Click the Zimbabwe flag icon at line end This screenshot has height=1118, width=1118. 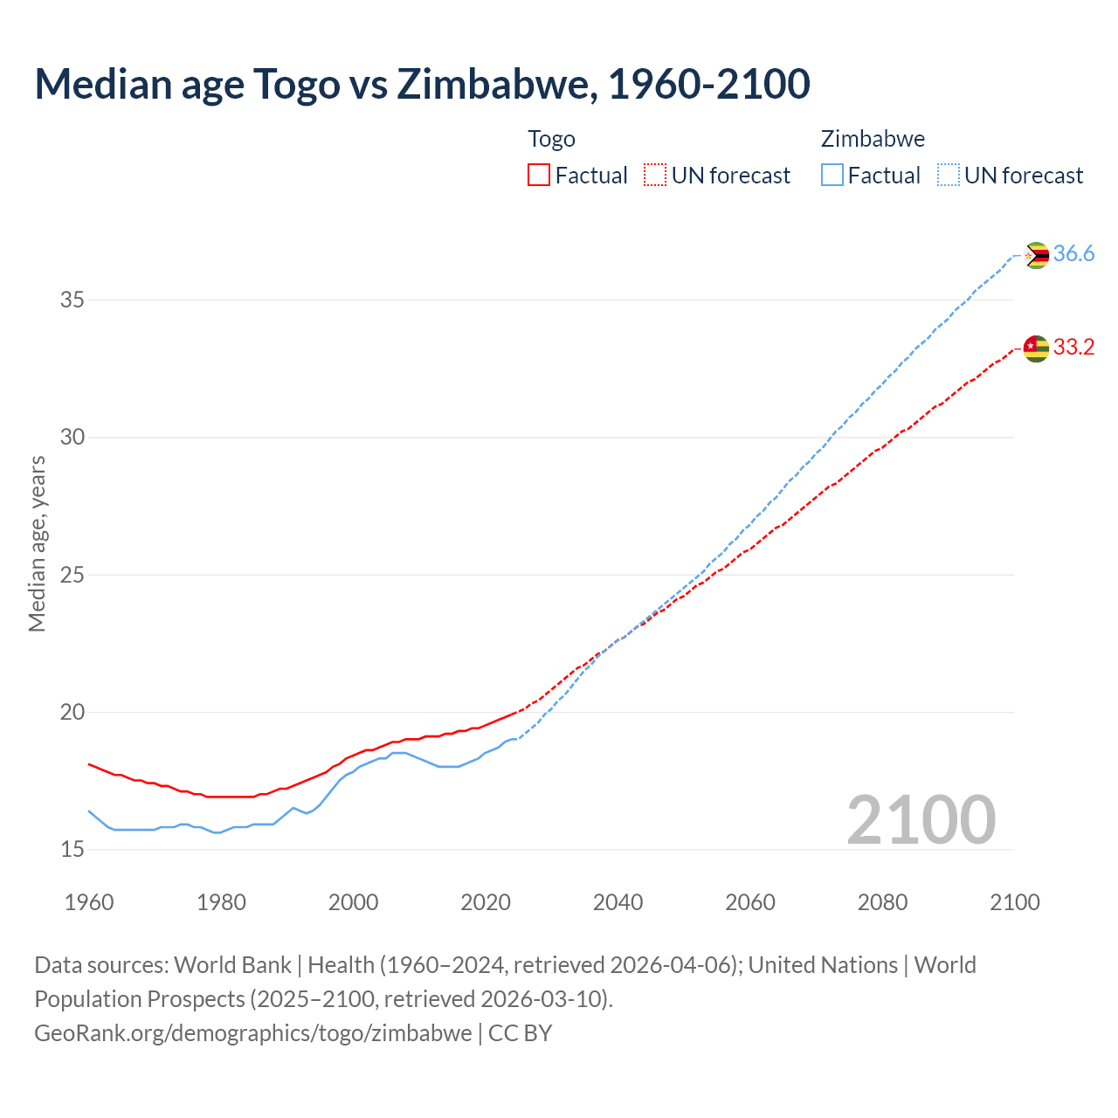point(1036,255)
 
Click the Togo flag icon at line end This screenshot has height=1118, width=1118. point(1036,349)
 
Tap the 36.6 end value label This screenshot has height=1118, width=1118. point(1073,254)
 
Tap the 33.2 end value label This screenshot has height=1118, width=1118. point(1073,348)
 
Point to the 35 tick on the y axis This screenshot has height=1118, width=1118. point(72,300)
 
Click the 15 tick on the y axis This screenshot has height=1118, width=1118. point(72,849)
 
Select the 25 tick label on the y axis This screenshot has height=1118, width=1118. point(72,575)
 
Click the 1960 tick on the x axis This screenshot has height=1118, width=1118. point(89,902)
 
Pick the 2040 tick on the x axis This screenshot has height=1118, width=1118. point(618,902)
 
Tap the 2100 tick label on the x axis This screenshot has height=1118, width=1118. point(1014,902)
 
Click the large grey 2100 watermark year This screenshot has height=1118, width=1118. point(921,819)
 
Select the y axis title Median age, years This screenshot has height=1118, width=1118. point(37,543)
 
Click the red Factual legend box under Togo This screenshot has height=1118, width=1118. point(539,176)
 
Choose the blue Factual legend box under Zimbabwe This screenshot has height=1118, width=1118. point(832,176)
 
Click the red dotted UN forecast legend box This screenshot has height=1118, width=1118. point(655,176)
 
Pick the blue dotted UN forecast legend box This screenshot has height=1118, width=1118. point(948,176)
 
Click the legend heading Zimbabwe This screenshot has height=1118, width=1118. point(873,139)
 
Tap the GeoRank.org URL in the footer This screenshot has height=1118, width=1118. point(252,1033)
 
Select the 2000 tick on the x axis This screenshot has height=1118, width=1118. point(353,902)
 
